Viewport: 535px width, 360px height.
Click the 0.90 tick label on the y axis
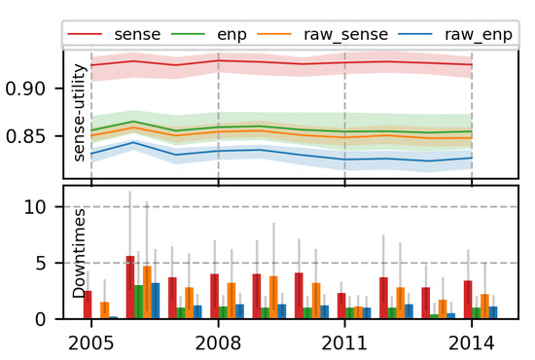click(x=33, y=89)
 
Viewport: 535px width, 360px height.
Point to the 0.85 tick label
click(x=33, y=136)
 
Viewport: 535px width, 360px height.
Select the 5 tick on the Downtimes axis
click(x=43, y=263)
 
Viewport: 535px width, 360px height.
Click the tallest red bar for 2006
click(x=130, y=288)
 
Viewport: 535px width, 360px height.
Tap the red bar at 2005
click(x=88, y=305)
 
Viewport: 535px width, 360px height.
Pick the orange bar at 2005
click(x=104, y=310)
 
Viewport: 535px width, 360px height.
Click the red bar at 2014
click(x=468, y=300)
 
